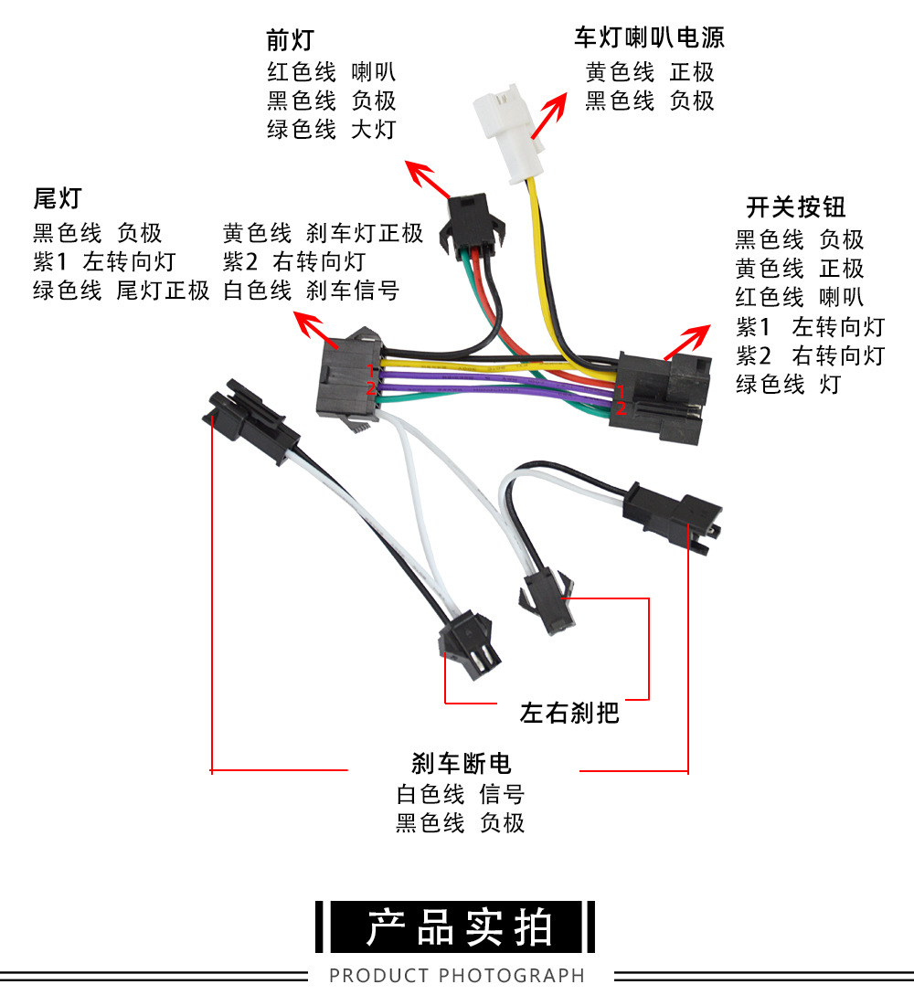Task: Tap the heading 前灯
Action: pyautogui.click(x=290, y=40)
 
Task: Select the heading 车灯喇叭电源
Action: pyautogui.click(x=649, y=37)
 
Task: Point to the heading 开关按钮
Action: pyautogui.click(x=796, y=206)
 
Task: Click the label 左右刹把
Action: pyautogui.click(x=569, y=712)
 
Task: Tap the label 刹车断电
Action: pyautogui.click(x=462, y=763)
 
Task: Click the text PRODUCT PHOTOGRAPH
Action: pyautogui.click(x=456, y=975)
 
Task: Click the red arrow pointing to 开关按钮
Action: pyautogui.click(x=687, y=342)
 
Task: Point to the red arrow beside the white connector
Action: pyautogui.click(x=546, y=118)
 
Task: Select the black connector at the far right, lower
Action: pyautogui.click(x=673, y=516)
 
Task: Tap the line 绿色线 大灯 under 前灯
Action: pyautogui.click(x=331, y=129)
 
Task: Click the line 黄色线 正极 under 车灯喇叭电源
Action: pyautogui.click(x=650, y=71)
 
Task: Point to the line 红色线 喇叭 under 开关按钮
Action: pyautogui.click(x=799, y=297)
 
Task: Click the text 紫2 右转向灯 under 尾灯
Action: pyautogui.click(x=293, y=262)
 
